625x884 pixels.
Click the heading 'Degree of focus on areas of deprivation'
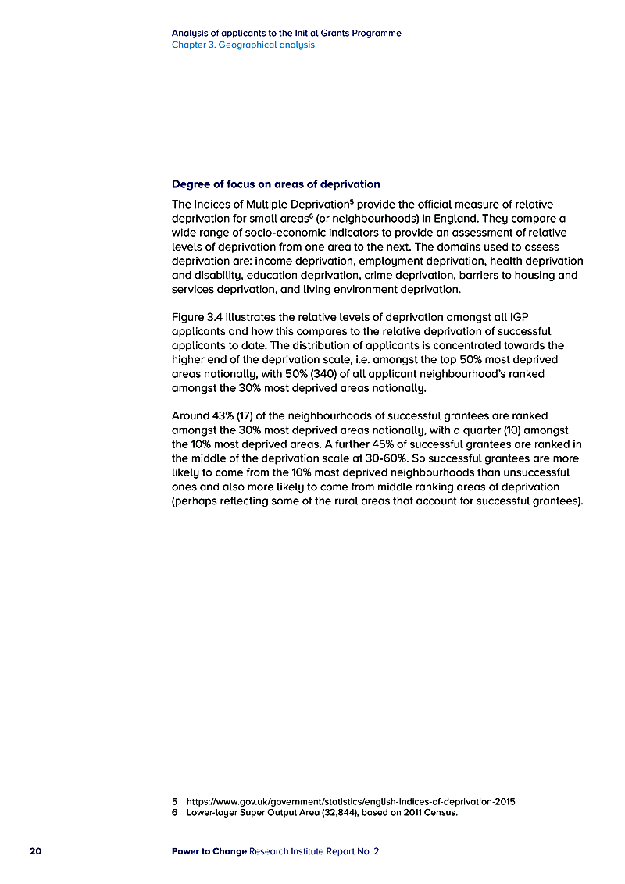[x=276, y=184]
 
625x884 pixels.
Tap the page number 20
[x=36, y=851]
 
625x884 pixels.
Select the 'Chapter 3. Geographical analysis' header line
[x=243, y=45]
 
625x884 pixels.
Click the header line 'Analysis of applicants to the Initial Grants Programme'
[x=287, y=34]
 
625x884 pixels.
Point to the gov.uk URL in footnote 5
[x=351, y=801]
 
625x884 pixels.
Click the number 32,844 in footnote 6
[x=337, y=813]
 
